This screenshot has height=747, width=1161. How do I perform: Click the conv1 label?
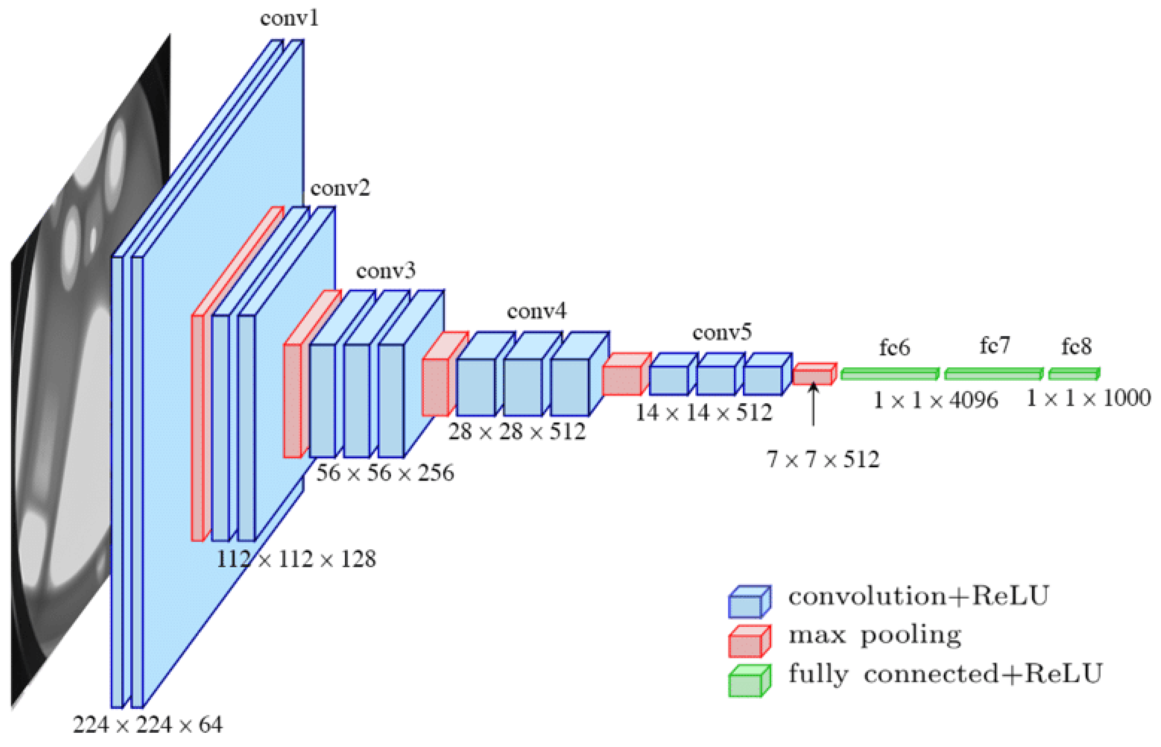(289, 19)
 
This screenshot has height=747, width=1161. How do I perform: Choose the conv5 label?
(722, 333)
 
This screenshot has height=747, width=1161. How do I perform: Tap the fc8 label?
(1076, 347)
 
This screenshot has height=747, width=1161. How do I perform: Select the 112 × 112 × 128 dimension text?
(296, 559)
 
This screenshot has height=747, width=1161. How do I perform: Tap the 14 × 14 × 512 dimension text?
(703, 413)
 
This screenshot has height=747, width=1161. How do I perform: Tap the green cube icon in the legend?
(749, 681)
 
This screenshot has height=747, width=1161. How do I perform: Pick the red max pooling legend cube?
(749, 641)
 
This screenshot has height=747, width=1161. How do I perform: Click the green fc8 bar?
(1074, 374)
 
